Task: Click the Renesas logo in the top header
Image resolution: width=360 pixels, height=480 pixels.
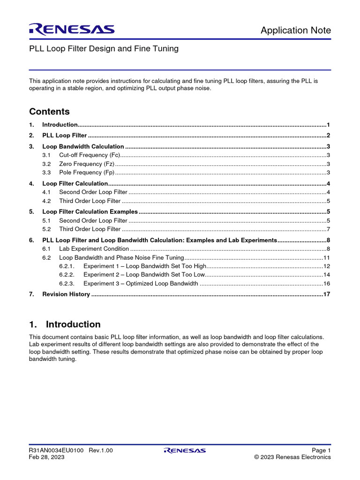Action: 72,30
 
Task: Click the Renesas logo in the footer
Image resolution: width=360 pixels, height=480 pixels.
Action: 184,450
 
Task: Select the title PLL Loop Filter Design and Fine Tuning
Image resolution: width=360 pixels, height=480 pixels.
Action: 104,49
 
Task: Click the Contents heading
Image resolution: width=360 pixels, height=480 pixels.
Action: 49,112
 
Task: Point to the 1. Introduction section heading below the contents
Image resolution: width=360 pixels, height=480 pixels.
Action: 65,324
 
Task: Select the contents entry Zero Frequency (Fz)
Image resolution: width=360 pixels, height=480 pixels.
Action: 87,164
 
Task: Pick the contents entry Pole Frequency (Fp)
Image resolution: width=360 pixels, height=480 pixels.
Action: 87,173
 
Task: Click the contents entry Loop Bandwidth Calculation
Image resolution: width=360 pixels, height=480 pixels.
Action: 83,146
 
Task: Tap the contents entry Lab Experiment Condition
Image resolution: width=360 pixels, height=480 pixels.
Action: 94,249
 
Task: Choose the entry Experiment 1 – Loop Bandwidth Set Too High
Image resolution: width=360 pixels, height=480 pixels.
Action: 145,266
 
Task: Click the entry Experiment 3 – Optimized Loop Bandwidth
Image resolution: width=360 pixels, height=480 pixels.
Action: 141,284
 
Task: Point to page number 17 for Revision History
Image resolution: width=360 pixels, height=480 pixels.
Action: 327,294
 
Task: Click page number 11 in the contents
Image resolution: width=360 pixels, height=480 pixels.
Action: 327,258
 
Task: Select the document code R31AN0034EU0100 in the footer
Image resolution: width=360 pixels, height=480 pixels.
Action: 56,450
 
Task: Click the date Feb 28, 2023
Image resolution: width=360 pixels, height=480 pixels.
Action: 47,457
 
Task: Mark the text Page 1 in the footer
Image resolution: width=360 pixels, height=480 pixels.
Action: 321,450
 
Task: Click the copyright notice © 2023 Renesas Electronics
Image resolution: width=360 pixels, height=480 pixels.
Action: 292,457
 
